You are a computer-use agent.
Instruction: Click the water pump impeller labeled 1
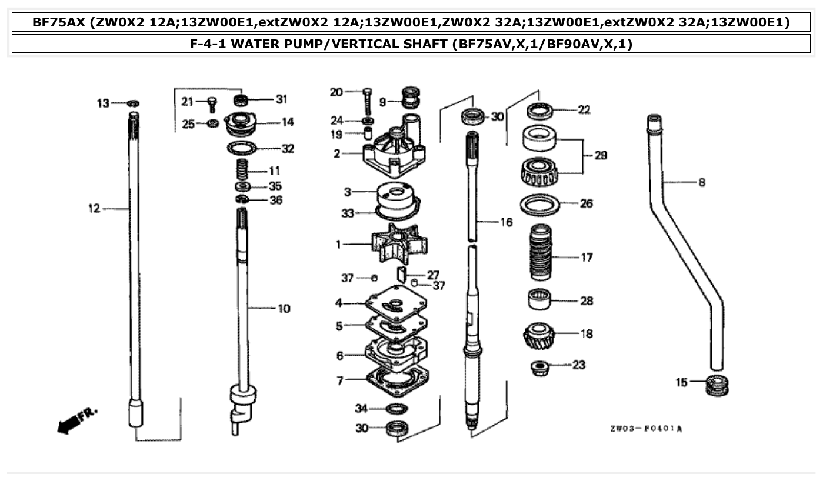pos(394,245)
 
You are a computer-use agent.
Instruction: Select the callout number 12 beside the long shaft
pos(94,208)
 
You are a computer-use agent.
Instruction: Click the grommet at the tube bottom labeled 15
pos(717,385)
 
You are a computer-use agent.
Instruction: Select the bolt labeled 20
pos(368,101)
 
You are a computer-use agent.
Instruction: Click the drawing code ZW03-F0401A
pos(646,429)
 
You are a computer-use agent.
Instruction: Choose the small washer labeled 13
pos(134,103)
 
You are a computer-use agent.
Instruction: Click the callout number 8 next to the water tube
pos(701,183)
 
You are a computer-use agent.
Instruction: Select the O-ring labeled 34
pos(397,409)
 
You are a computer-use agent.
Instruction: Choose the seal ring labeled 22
pos(539,109)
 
